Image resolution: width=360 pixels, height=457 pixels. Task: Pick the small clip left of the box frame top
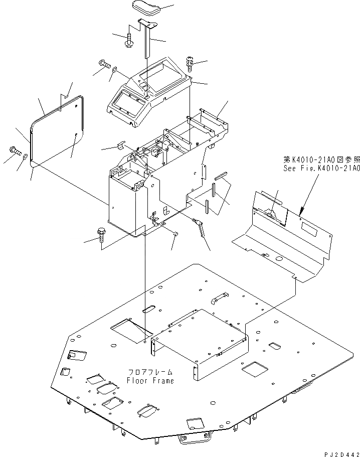pyautogui.click(x=121, y=146)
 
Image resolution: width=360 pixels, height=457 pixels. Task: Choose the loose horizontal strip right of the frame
pyautogui.click(x=221, y=177)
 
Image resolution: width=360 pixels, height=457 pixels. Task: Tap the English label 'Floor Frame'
pyautogui.click(x=150, y=380)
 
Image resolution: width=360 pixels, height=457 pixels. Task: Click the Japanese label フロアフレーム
pyautogui.click(x=150, y=372)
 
